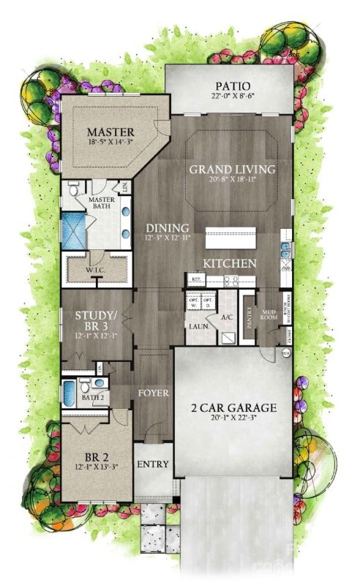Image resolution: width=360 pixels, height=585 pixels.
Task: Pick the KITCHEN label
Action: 230,263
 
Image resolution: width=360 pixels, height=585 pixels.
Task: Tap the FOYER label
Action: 154,393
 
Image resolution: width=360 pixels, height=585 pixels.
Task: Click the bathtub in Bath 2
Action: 67,390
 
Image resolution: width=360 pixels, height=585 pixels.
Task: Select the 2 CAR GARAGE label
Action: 234,407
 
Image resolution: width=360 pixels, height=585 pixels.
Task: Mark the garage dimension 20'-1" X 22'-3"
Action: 234,419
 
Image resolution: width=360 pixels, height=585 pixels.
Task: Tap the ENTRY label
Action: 154,464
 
